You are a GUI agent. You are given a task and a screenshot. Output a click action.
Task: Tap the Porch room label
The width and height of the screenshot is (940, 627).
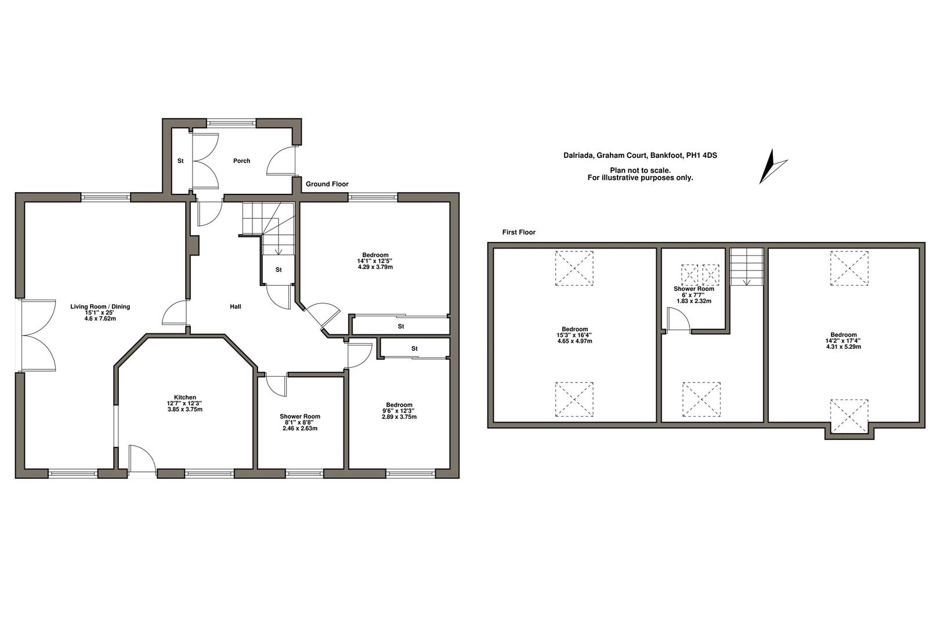[x=241, y=161]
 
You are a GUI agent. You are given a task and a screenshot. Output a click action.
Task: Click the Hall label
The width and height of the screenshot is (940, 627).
[x=235, y=307]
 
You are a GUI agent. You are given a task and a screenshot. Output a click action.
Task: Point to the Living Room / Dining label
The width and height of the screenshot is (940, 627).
[x=100, y=307]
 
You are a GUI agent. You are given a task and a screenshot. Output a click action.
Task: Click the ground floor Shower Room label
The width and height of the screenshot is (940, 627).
[x=300, y=416]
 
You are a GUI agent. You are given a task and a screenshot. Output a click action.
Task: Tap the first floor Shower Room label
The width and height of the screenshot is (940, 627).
[x=694, y=289]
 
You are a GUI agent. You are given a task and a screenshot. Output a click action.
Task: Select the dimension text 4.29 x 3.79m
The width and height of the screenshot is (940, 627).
[x=375, y=267]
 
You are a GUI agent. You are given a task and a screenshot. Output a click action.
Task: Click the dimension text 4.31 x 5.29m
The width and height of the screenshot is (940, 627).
[x=843, y=347]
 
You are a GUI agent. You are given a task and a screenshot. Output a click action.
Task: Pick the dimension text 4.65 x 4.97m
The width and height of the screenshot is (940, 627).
[x=574, y=341]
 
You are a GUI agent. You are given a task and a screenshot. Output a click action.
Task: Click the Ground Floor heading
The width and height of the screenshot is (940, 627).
[x=327, y=184]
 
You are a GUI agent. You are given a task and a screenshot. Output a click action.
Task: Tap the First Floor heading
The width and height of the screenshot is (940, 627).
[x=519, y=232]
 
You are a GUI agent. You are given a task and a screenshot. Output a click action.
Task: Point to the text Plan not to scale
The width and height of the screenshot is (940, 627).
[x=640, y=170]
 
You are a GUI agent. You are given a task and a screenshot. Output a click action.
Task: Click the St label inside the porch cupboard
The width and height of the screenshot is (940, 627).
[x=180, y=161]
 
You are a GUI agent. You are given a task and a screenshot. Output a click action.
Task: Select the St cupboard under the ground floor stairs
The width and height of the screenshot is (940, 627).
[x=279, y=270]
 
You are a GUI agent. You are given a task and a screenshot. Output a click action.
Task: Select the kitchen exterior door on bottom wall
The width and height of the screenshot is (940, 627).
[x=142, y=462]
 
